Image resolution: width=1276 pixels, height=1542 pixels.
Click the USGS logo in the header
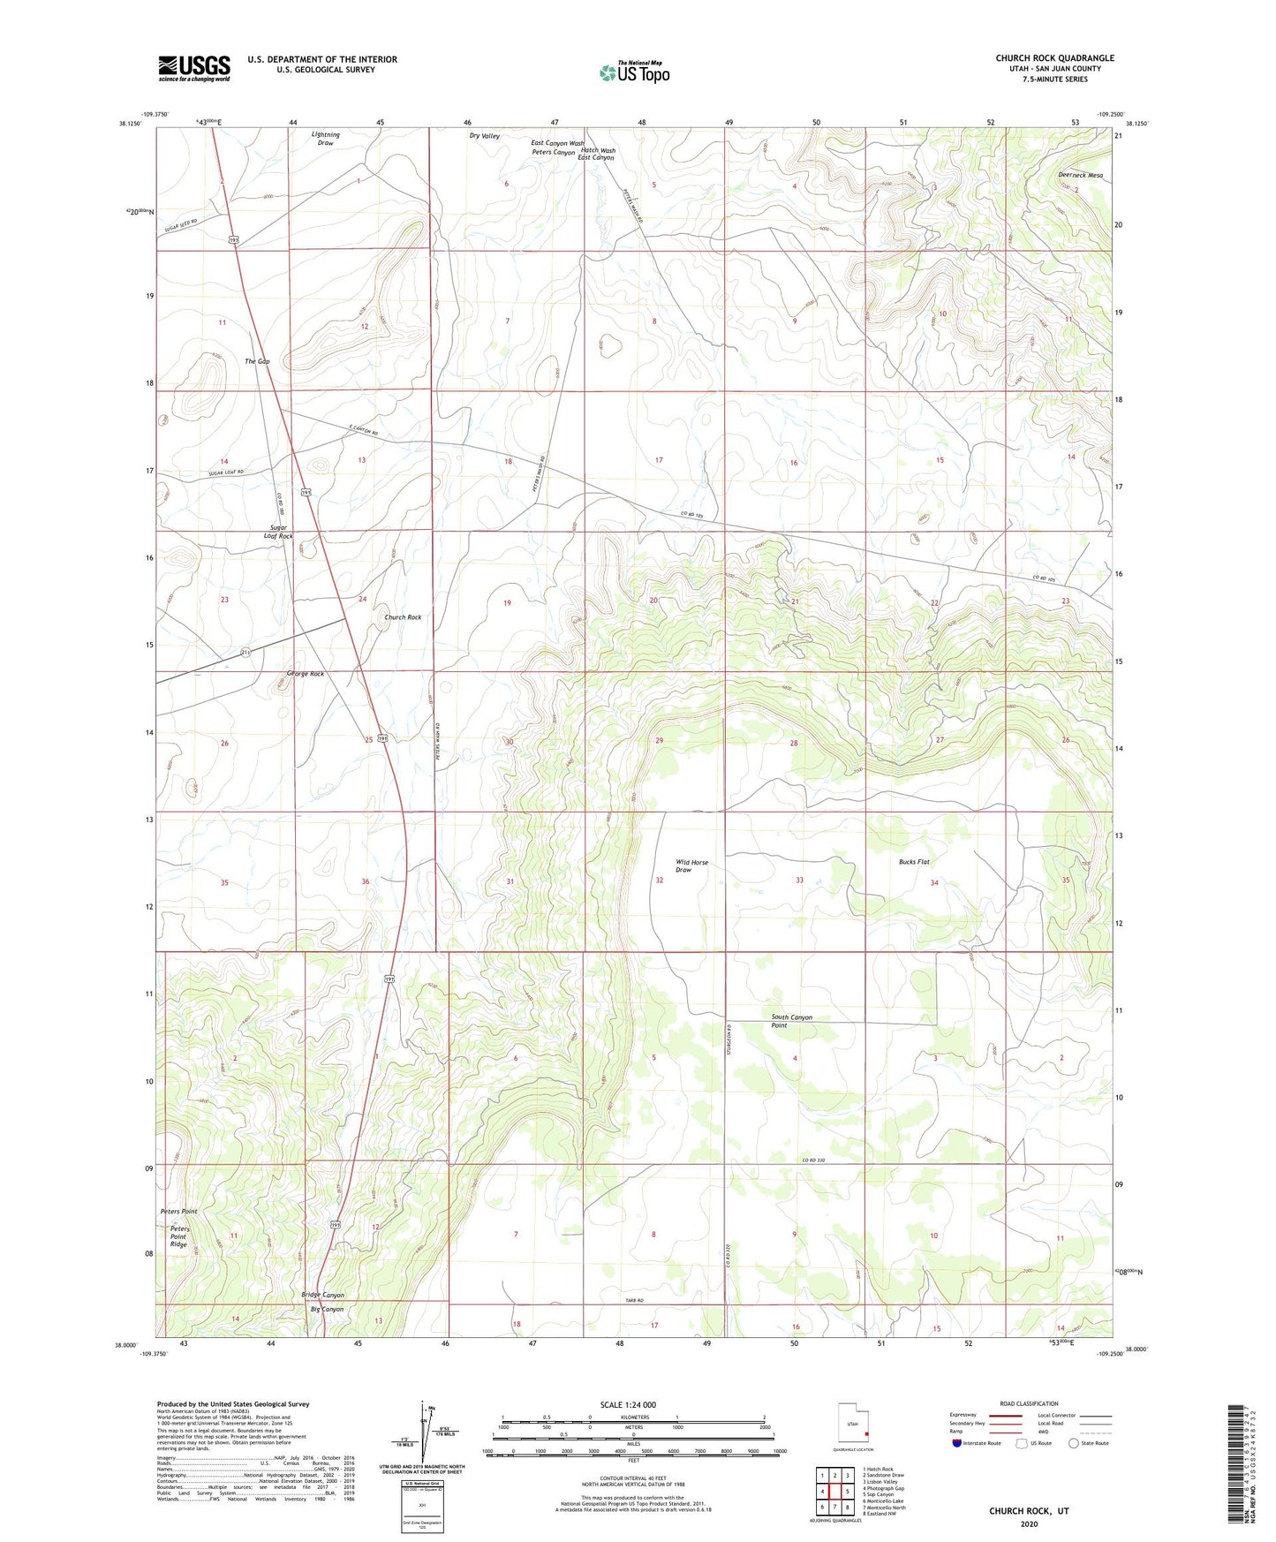[x=194, y=67]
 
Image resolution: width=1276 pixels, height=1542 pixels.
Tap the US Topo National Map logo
[x=634, y=72]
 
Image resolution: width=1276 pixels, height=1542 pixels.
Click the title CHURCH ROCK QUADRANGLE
[x=1054, y=58]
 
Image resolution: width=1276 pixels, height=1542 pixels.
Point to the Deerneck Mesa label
[x=1080, y=175]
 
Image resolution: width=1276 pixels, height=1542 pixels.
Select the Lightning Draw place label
[x=326, y=139]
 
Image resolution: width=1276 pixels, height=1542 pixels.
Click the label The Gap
[x=257, y=361]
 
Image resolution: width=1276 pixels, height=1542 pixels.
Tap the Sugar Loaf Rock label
[x=278, y=532]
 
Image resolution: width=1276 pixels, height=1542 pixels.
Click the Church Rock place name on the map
[x=403, y=617]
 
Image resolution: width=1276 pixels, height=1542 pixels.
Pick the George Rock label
[x=305, y=674]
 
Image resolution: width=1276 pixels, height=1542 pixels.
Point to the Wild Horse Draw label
[x=691, y=865]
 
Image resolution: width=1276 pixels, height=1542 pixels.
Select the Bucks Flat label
[x=914, y=861]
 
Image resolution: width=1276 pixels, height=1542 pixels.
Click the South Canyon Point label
[x=791, y=1021]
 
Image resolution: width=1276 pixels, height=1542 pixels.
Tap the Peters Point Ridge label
[x=180, y=1236]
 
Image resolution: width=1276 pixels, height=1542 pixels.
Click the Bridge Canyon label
[x=322, y=1295]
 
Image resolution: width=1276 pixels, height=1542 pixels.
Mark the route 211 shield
[x=245, y=652]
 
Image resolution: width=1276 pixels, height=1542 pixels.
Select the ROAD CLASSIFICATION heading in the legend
[x=1029, y=1403]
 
